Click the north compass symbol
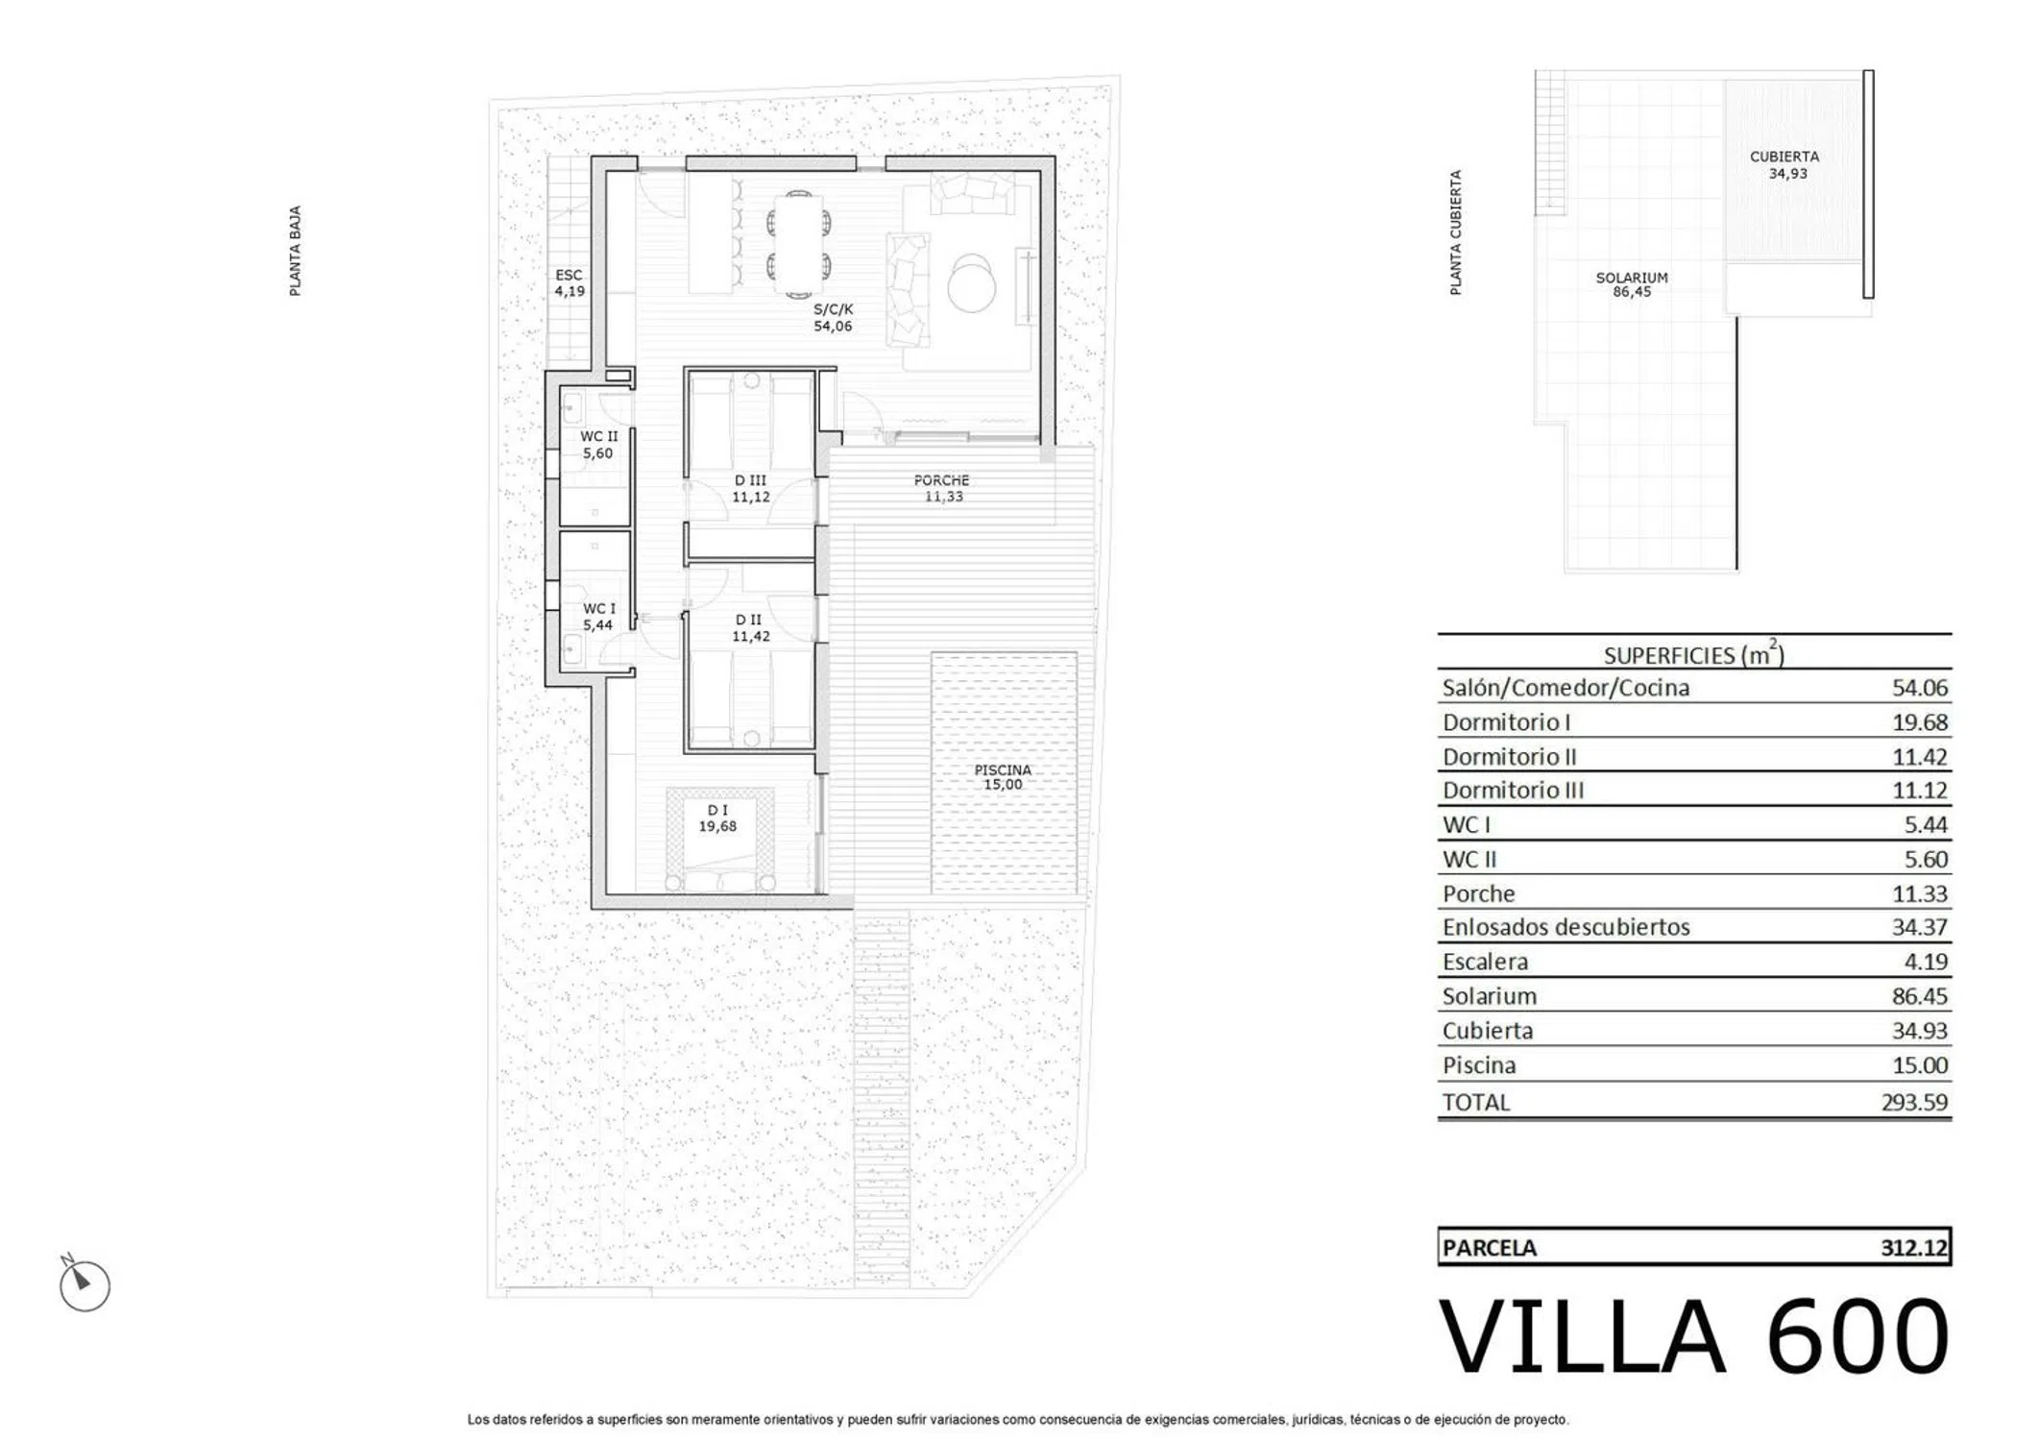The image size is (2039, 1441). coord(84,1283)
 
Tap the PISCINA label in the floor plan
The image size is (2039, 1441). coord(1003,769)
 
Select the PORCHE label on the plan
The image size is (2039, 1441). coord(941,480)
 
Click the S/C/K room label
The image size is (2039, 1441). coord(833,309)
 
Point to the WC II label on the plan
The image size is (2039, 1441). coord(598,436)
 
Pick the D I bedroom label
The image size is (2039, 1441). coord(717,810)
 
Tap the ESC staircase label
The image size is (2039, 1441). coord(569,275)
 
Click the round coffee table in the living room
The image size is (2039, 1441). coord(972,282)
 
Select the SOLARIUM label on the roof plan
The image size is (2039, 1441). coord(1632,278)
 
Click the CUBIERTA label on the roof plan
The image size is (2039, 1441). coord(1784,157)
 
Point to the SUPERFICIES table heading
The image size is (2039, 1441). coord(1694,654)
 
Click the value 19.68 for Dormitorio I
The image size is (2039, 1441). coord(1919,722)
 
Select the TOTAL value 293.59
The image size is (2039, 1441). coord(1914,1102)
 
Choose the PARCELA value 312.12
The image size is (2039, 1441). coord(1914,1248)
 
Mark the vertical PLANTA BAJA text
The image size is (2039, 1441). coord(295,251)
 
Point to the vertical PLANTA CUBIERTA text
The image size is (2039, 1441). coord(1456,232)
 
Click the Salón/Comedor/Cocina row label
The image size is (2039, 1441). coord(1566,688)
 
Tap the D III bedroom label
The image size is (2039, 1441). coord(750,480)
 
